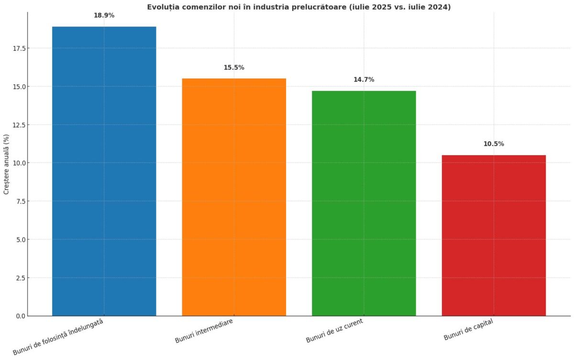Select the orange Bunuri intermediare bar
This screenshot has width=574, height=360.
pos(234,197)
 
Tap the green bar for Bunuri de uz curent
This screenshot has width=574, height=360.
pos(364,203)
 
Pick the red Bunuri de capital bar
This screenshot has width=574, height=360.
pos(494,235)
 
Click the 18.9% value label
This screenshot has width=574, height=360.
pos(104,15)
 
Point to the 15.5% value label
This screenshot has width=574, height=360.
pos(234,67)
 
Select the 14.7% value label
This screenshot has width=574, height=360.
pos(364,79)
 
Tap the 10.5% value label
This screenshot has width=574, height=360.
pos(494,144)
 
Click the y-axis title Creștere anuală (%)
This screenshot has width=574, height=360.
pos(6,164)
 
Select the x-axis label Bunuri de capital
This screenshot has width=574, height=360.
pos(468,330)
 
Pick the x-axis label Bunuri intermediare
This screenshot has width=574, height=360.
pos(204,331)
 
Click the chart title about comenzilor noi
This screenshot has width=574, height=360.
pos(298,7)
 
